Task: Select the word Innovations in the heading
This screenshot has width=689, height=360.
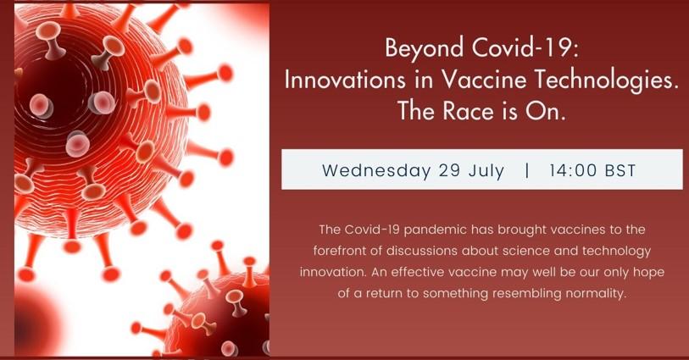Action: (344, 80)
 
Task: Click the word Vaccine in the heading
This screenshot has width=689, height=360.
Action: (483, 80)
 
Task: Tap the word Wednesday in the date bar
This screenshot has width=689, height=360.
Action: (376, 170)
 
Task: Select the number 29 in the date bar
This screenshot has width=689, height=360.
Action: (449, 170)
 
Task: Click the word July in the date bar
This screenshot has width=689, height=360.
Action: (486, 171)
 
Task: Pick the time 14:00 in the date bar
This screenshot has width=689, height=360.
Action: (573, 170)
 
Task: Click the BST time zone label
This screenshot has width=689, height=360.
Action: (620, 170)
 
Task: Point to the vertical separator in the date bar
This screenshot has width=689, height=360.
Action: (526, 170)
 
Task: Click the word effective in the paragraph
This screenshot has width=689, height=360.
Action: (418, 272)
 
